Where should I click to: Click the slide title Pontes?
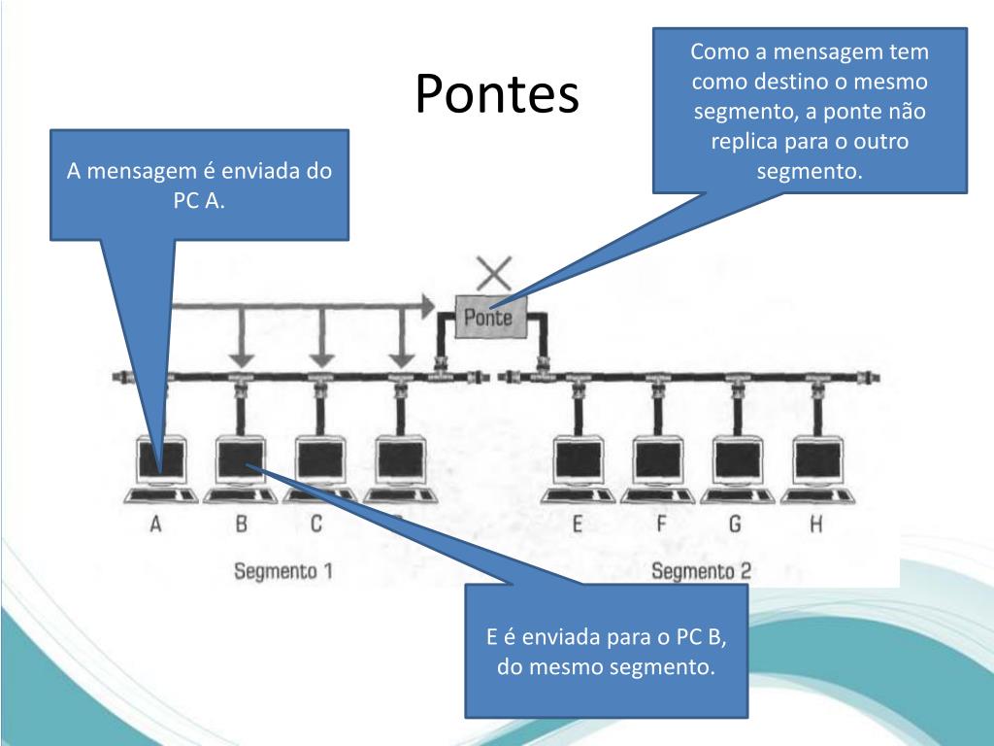tap(497, 94)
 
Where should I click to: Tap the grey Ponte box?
tap(488, 317)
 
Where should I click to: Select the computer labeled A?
tap(161, 467)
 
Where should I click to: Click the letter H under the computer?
tap(815, 525)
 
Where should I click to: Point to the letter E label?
tap(578, 525)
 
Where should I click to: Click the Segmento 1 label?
tap(283, 571)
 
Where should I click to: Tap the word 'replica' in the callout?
tap(744, 141)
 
